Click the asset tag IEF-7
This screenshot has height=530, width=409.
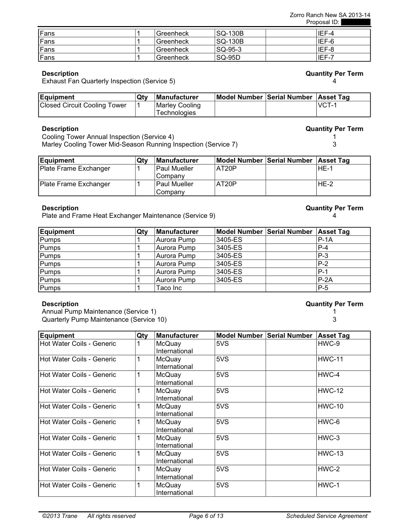[x=326, y=58]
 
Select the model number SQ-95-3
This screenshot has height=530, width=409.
[x=230, y=49]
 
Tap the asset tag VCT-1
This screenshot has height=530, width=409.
[x=327, y=105]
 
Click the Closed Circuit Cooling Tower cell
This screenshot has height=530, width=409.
[x=83, y=105]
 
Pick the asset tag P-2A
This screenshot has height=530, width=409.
[x=326, y=280]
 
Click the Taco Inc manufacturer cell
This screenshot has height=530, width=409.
[x=169, y=288]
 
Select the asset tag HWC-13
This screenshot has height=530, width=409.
[x=331, y=454]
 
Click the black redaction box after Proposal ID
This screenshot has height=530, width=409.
[x=355, y=22]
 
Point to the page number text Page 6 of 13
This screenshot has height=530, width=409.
[x=206, y=516]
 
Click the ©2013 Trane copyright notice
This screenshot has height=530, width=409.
[x=60, y=516]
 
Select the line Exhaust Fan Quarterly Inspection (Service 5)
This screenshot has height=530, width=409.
[x=108, y=81]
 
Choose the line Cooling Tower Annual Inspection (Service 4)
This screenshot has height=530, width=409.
[x=108, y=137]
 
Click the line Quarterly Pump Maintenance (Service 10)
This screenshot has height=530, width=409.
[x=104, y=319]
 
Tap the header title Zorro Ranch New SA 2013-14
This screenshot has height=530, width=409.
[x=330, y=15]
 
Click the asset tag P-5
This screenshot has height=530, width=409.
[x=323, y=288]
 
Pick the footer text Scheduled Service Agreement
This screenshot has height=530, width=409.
[x=327, y=516]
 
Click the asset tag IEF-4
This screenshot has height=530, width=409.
[x=326, y=33]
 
